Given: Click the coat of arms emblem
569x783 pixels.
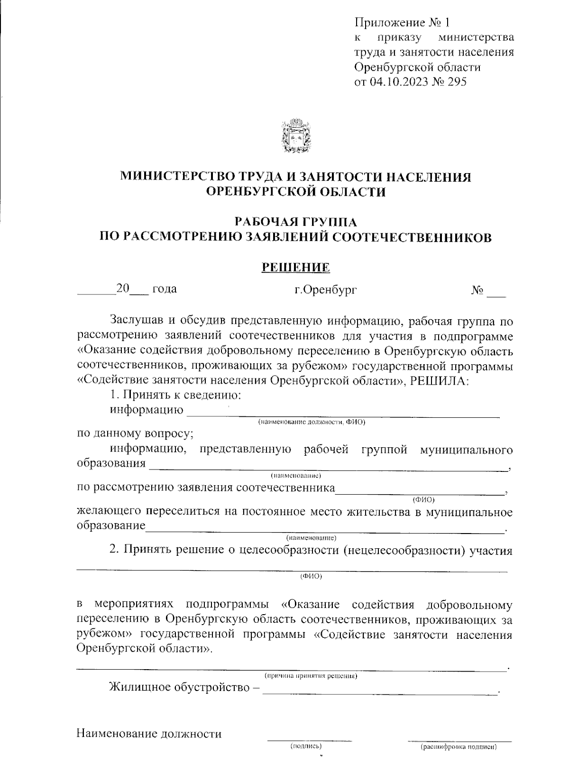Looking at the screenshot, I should [x=295, y=137].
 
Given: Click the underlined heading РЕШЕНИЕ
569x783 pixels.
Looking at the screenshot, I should [x=296, y=267].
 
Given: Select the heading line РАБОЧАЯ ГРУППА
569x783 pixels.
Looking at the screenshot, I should [x=296, y=221].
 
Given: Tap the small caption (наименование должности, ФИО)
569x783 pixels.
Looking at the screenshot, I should [x=311, y=422].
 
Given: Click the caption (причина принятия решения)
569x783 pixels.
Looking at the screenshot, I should [x=311, y=675].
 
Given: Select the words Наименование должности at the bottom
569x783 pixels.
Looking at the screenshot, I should [x=149, y=734].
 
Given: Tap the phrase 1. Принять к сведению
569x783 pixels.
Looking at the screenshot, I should [x=176, y=395].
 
